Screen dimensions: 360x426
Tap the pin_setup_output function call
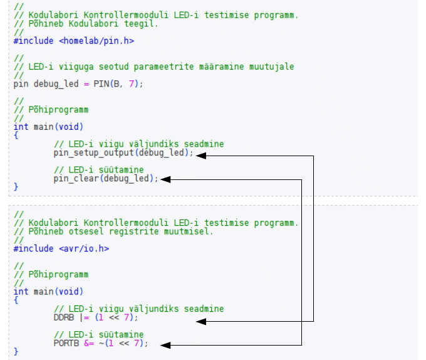tap(94, 153)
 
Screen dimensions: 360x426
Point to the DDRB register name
tap(64, 317)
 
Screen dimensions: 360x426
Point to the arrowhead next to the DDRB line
tap(201, 321)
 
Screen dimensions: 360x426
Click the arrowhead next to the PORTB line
tap(166, 344)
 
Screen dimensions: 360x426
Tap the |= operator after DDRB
tap(85, 317)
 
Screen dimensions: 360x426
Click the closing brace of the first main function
tap(16, 186)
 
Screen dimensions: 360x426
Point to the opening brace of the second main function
tap(16, 300)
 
